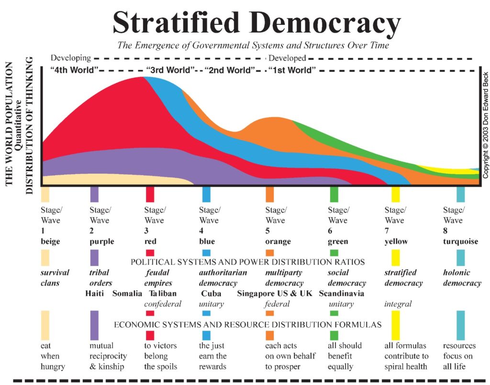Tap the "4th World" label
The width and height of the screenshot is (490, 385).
[x=74, y=70]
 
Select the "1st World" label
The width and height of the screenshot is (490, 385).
[x=292, y=70]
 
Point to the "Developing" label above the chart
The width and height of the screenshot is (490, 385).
[x=71, y=58]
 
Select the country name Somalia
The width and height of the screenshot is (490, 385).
[x=127, y=293]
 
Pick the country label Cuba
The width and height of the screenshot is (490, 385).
[x=211, y=293]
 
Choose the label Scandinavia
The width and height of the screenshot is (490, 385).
[x=341, y=293]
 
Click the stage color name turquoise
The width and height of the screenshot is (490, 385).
[x=460, y=241]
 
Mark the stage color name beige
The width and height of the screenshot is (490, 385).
[x=50, y=241]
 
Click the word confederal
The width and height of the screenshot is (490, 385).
[x=163, y=303]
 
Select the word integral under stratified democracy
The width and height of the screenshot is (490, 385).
[x=398, y=303]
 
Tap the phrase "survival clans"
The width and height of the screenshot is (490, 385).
[x=55, y=278]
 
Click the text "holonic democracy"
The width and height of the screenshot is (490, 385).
[x=462, y=278]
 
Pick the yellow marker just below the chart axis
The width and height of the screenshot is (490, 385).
[x=395, y=194]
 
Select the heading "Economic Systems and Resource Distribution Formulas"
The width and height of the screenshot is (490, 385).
[x=247, y=325]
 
